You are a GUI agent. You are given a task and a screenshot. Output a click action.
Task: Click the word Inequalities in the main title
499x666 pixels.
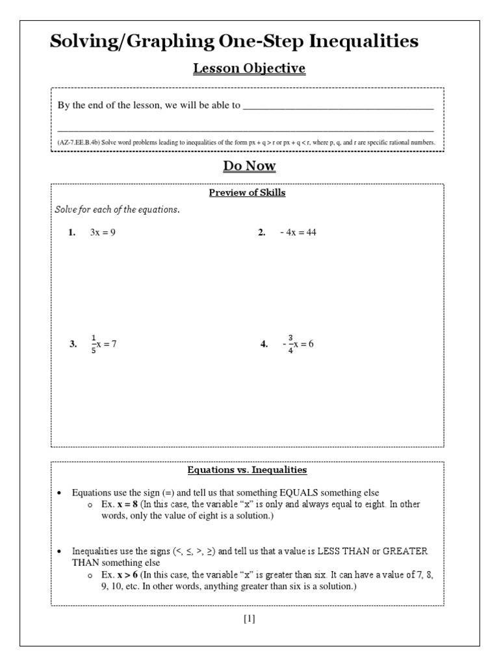363,42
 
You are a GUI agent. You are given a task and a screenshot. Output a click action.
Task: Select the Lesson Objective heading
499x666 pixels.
249,68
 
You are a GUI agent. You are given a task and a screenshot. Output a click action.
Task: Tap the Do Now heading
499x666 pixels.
249,166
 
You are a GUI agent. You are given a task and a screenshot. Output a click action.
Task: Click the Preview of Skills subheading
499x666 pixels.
247,193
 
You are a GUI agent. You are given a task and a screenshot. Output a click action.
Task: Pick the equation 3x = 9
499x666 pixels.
103,233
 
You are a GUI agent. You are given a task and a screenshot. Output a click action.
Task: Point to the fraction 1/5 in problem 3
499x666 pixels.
94,344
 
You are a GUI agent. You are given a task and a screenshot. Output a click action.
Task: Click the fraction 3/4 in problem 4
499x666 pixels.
290,344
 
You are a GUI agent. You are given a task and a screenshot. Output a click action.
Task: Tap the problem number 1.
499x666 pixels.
72,233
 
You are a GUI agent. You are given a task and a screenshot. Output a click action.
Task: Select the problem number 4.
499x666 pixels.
264,345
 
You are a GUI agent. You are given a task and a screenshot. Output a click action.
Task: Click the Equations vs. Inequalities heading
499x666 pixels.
247,470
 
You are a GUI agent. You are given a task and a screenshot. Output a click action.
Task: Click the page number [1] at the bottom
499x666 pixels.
249,619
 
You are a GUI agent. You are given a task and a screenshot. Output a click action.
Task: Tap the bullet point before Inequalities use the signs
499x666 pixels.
60,552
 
